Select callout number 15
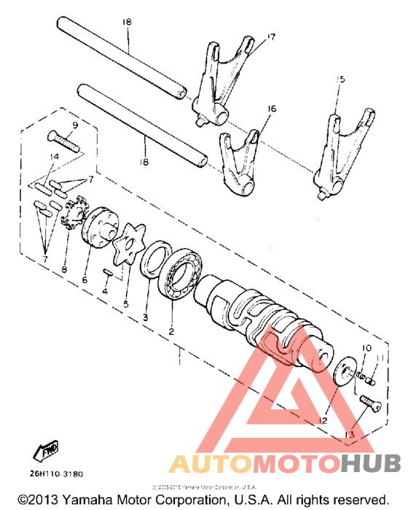pyautogui.click(x=338, y=79)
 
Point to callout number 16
pyautogui.click(x=272, y=108)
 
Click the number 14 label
pyautogui.click(x=54, y=156)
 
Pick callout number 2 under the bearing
pyautogui.click(x=172, y=330)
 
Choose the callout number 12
pyautogui.click(x=321, y=420)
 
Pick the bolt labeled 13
pyautogui.click(x=371, y=401)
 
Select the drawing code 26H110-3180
pyautogui.click(x=55, y=474)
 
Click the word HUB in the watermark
pyautogui.click(x=369, y=463)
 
